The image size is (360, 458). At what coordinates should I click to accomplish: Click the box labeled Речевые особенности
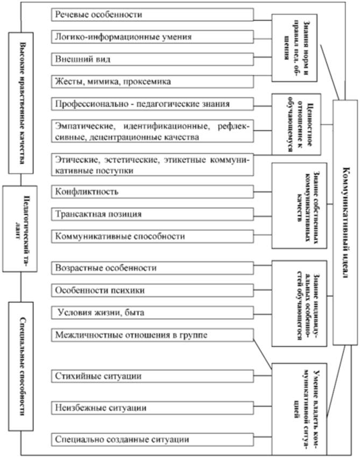tap(153, 15)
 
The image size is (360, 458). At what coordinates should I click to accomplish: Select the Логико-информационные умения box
tap(153, 37)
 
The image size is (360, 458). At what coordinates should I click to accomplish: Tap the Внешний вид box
tap(153, 59)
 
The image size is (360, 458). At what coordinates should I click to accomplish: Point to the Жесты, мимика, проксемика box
tap(153, 82)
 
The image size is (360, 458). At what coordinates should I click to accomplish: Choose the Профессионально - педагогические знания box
tap(153, 103)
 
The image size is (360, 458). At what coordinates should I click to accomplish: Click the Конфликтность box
tap(153, 191)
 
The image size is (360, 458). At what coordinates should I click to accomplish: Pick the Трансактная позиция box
tap(153, 214)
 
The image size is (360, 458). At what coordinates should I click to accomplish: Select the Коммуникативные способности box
tap(153, 236)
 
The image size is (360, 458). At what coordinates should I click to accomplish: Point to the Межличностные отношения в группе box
tap(153, 336)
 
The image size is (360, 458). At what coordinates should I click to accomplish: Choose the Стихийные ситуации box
tap(153, 375)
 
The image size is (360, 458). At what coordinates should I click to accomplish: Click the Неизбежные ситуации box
tap(153, 407)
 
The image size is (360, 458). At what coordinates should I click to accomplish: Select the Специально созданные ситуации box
tap(153, 439)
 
